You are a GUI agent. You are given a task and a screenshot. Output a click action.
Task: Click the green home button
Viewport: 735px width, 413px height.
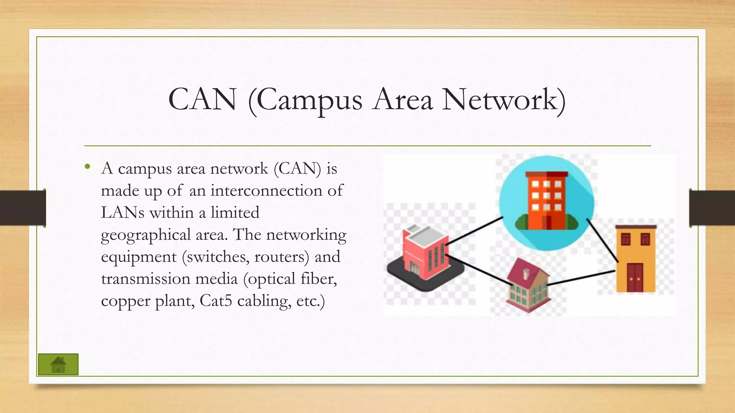pos(58,364)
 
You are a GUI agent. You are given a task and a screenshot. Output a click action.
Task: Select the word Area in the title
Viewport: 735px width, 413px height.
pos(403,100)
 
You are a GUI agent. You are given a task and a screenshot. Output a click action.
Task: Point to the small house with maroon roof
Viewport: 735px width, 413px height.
pos(528,285)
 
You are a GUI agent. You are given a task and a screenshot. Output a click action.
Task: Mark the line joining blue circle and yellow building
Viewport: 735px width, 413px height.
pos(603,240)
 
